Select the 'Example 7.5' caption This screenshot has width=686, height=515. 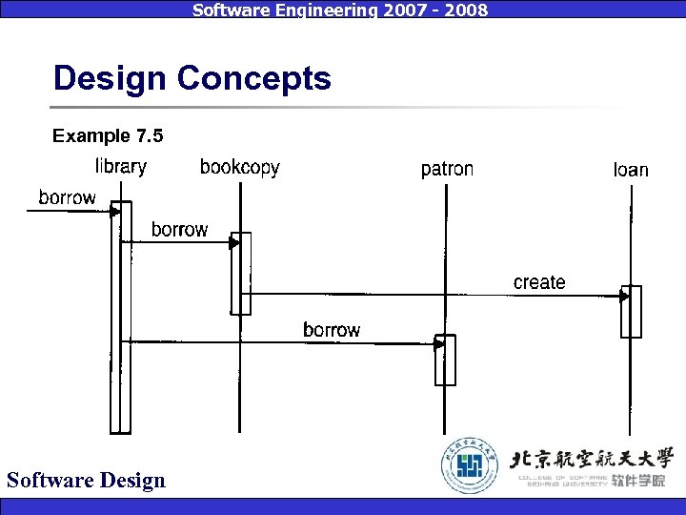[x=108, y=136]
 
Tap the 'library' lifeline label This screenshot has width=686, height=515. [x=121, y=167]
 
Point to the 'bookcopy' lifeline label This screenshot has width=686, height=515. [x=240, y=168]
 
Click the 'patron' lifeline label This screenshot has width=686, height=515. [x=447, y=169]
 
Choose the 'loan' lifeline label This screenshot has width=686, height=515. [x=631, y=170]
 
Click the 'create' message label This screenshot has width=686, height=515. [x=539, y=282]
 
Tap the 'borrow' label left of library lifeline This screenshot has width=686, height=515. [x=67, y=197]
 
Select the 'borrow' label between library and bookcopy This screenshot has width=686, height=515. [x=179, y=230]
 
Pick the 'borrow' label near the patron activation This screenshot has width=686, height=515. [x=332, y=330]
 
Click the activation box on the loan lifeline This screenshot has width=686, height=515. [x=631, y=312]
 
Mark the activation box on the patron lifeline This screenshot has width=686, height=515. [x=445, y=360]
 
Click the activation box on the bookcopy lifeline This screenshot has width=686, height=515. [x=241, y=274]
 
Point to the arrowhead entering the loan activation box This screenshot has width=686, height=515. [x=624, y=297]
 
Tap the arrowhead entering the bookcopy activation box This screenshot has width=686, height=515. [x=234, y=243]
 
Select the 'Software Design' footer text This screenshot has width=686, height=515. [x=86, y=480]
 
